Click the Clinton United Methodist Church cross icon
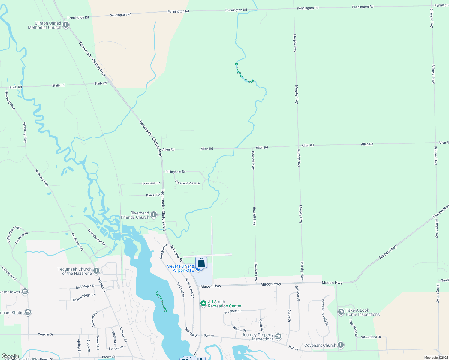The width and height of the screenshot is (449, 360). [x=66, y=25]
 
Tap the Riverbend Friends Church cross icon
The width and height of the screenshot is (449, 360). [x=154, y=215]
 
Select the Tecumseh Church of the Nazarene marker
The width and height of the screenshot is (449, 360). [x=96, y=271]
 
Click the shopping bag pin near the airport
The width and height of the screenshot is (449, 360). [x=201, y=263]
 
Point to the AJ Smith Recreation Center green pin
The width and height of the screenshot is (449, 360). [x=203, y=304]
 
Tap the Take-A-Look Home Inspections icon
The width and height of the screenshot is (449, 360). [x=341, y=312]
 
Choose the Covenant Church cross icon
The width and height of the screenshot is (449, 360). [x=340, y=345]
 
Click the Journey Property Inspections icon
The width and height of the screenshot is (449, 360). [x=278, y=337]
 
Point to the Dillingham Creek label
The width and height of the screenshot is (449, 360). [x=244, y=73]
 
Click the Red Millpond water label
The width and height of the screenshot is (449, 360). [x=161, y=301]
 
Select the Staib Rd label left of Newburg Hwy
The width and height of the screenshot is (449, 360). [x=16, y=87]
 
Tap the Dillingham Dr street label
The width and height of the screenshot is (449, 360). [x=175, y=172]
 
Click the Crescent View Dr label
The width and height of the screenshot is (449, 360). [x=188, y=183]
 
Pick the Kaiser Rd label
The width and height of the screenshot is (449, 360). [x=153, y=195]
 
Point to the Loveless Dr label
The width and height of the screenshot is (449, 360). [x=151, y=183]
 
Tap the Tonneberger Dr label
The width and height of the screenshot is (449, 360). [x=97, y=237]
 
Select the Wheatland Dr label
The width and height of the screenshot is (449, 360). [x=371, y=337]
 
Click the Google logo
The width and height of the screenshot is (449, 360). [x=10, y=356]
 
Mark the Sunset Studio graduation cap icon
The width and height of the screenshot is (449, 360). [x=28, y=313]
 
